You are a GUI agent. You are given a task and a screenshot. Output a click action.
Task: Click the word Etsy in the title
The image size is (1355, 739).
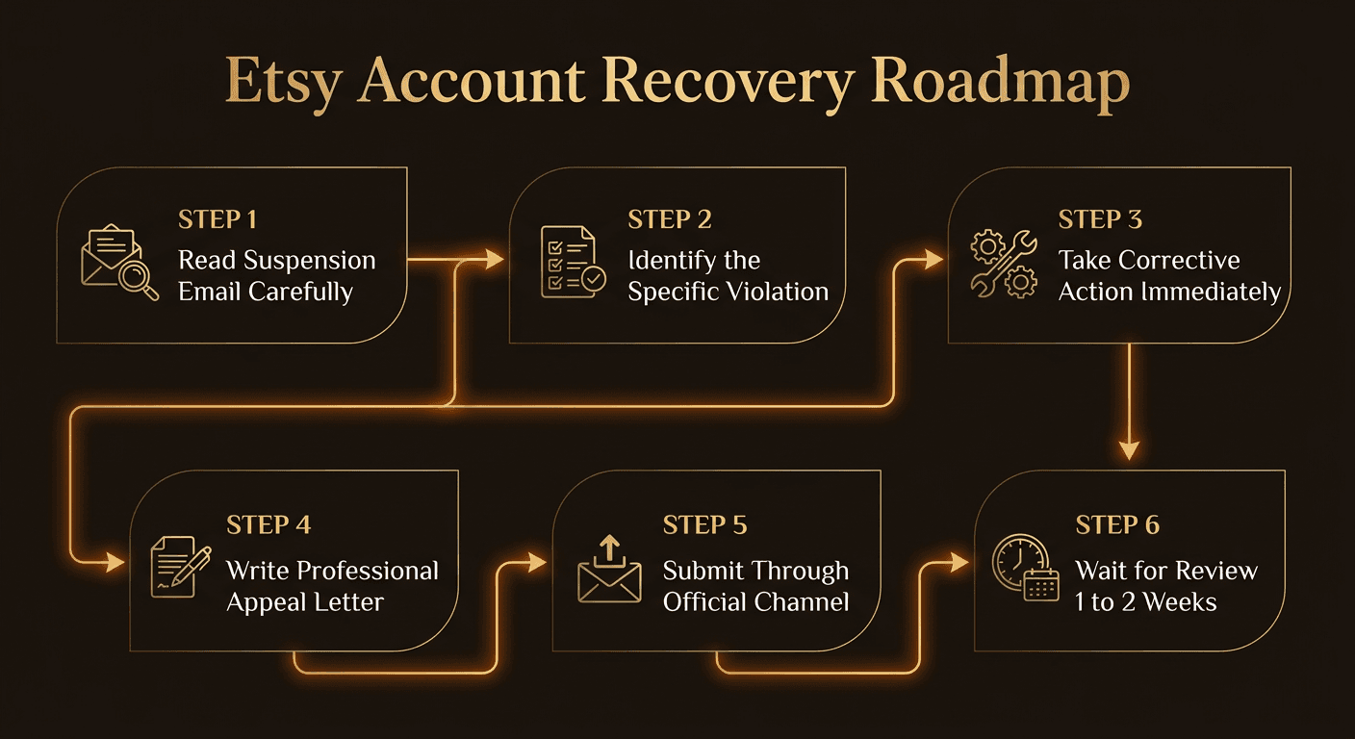(282, 84)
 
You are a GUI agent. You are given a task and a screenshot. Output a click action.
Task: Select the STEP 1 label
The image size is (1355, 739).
(217, 219)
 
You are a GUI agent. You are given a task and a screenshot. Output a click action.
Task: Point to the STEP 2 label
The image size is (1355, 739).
(670, 219)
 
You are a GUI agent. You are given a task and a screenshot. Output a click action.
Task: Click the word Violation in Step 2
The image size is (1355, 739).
(776, 292)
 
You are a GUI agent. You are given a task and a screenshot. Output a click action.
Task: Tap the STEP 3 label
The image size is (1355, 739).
(1100, 219)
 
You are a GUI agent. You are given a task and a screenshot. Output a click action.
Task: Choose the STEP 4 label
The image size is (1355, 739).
(268, 525)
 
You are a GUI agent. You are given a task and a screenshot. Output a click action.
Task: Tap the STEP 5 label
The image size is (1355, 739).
(705, 525)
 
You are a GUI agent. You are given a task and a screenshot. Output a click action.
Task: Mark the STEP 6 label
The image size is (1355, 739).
(1117, 525)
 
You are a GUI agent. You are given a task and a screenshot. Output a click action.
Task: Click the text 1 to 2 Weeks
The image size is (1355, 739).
(1145, 602)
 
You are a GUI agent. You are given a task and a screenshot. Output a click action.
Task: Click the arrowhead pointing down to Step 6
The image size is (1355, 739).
(1129, 449)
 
